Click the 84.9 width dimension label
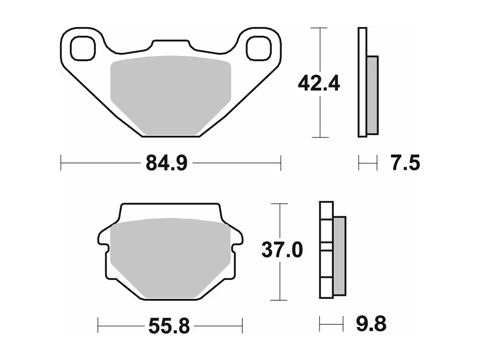(167, 163)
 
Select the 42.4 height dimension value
(319, 83)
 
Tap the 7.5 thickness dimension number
(405, 163)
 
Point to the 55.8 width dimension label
(169, 326)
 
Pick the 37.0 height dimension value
(282, 250)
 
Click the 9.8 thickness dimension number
(371, 323)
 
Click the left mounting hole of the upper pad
(83, 48)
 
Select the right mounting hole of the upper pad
(259, 48)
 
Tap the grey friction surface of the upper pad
(171, 95)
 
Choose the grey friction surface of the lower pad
(170, 258)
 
